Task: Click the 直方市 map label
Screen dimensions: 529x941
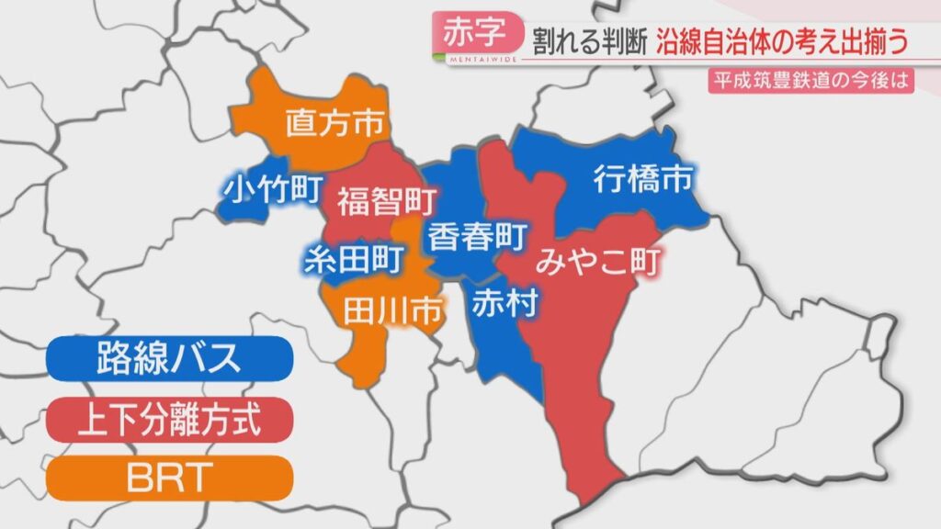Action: (334, 123)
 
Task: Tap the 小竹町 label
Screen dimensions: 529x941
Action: (273, 188)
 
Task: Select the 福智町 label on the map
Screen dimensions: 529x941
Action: (385, 199)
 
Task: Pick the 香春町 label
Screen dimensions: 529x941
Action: (472, 237)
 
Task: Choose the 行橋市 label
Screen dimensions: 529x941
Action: (641, 178)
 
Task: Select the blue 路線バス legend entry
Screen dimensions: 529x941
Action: (169, 358)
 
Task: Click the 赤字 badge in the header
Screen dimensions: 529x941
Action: (474, 33)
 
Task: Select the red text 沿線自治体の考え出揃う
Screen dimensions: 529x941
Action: (791, 40)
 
